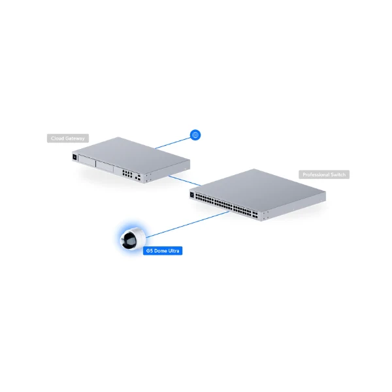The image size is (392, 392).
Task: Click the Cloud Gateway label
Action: [68, 139]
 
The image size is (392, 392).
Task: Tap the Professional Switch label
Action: [324, 174]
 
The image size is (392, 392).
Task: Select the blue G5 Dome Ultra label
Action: [163, 251]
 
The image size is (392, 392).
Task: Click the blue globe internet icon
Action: [195, 135]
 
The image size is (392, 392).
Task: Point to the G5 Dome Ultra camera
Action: [133, 238]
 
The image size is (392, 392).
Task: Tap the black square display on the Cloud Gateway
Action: [74, 157]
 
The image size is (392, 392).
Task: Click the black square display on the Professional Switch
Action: [192, 195]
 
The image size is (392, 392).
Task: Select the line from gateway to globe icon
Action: [172, 142]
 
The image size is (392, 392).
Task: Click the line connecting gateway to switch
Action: [184, 181]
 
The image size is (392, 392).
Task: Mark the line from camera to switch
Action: [188, 225]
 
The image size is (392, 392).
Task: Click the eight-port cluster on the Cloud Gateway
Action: [127, 174]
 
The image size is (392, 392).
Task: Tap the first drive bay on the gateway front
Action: [87, 160]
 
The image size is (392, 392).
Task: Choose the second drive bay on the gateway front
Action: [105, 166]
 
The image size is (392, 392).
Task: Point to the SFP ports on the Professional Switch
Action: [255, 215]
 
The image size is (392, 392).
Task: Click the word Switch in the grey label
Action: [338, 174]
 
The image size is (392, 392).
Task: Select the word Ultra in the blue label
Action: [174, 251]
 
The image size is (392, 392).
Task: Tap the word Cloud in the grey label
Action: [56, 139]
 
